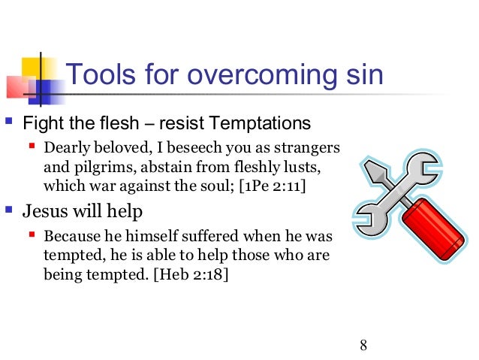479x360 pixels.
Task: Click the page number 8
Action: (x=363, y=346)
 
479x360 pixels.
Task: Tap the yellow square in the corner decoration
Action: (x=26, y=65)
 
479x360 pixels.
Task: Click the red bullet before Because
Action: (x=33, y=234)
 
